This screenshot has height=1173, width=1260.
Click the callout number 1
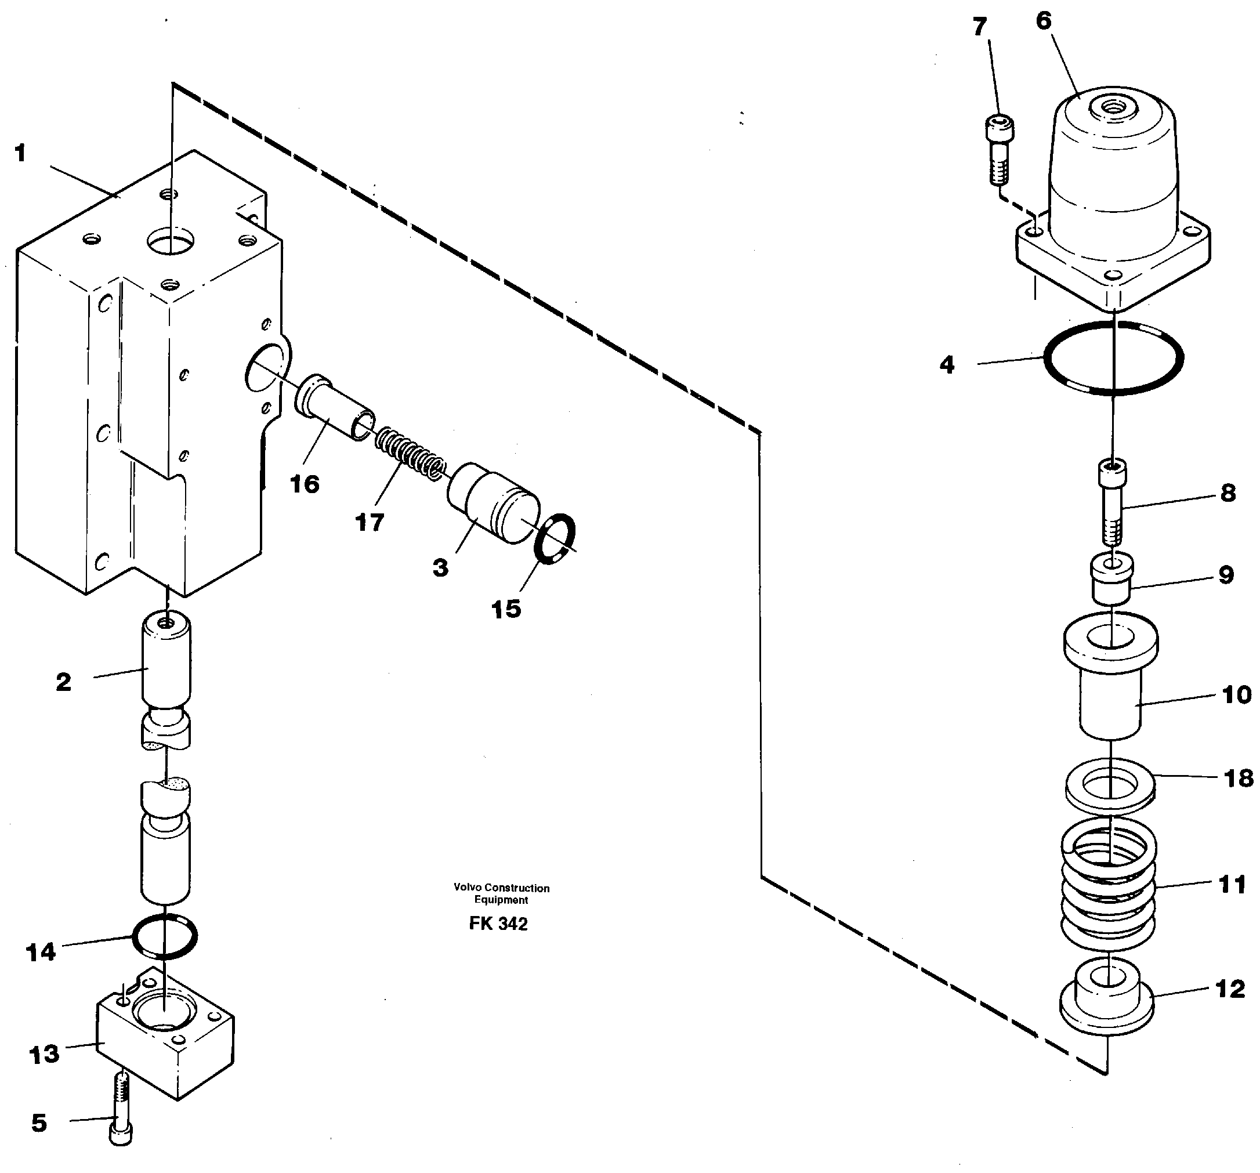(20, 153)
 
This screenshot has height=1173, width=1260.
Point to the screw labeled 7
(1000, 150)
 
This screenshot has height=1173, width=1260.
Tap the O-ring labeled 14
(165, 936)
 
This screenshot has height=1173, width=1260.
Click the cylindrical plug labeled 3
(493, 503)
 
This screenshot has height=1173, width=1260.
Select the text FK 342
(498, 924)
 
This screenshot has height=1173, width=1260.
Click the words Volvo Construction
(501, 888)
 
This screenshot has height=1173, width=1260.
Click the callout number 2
(63, 682)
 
